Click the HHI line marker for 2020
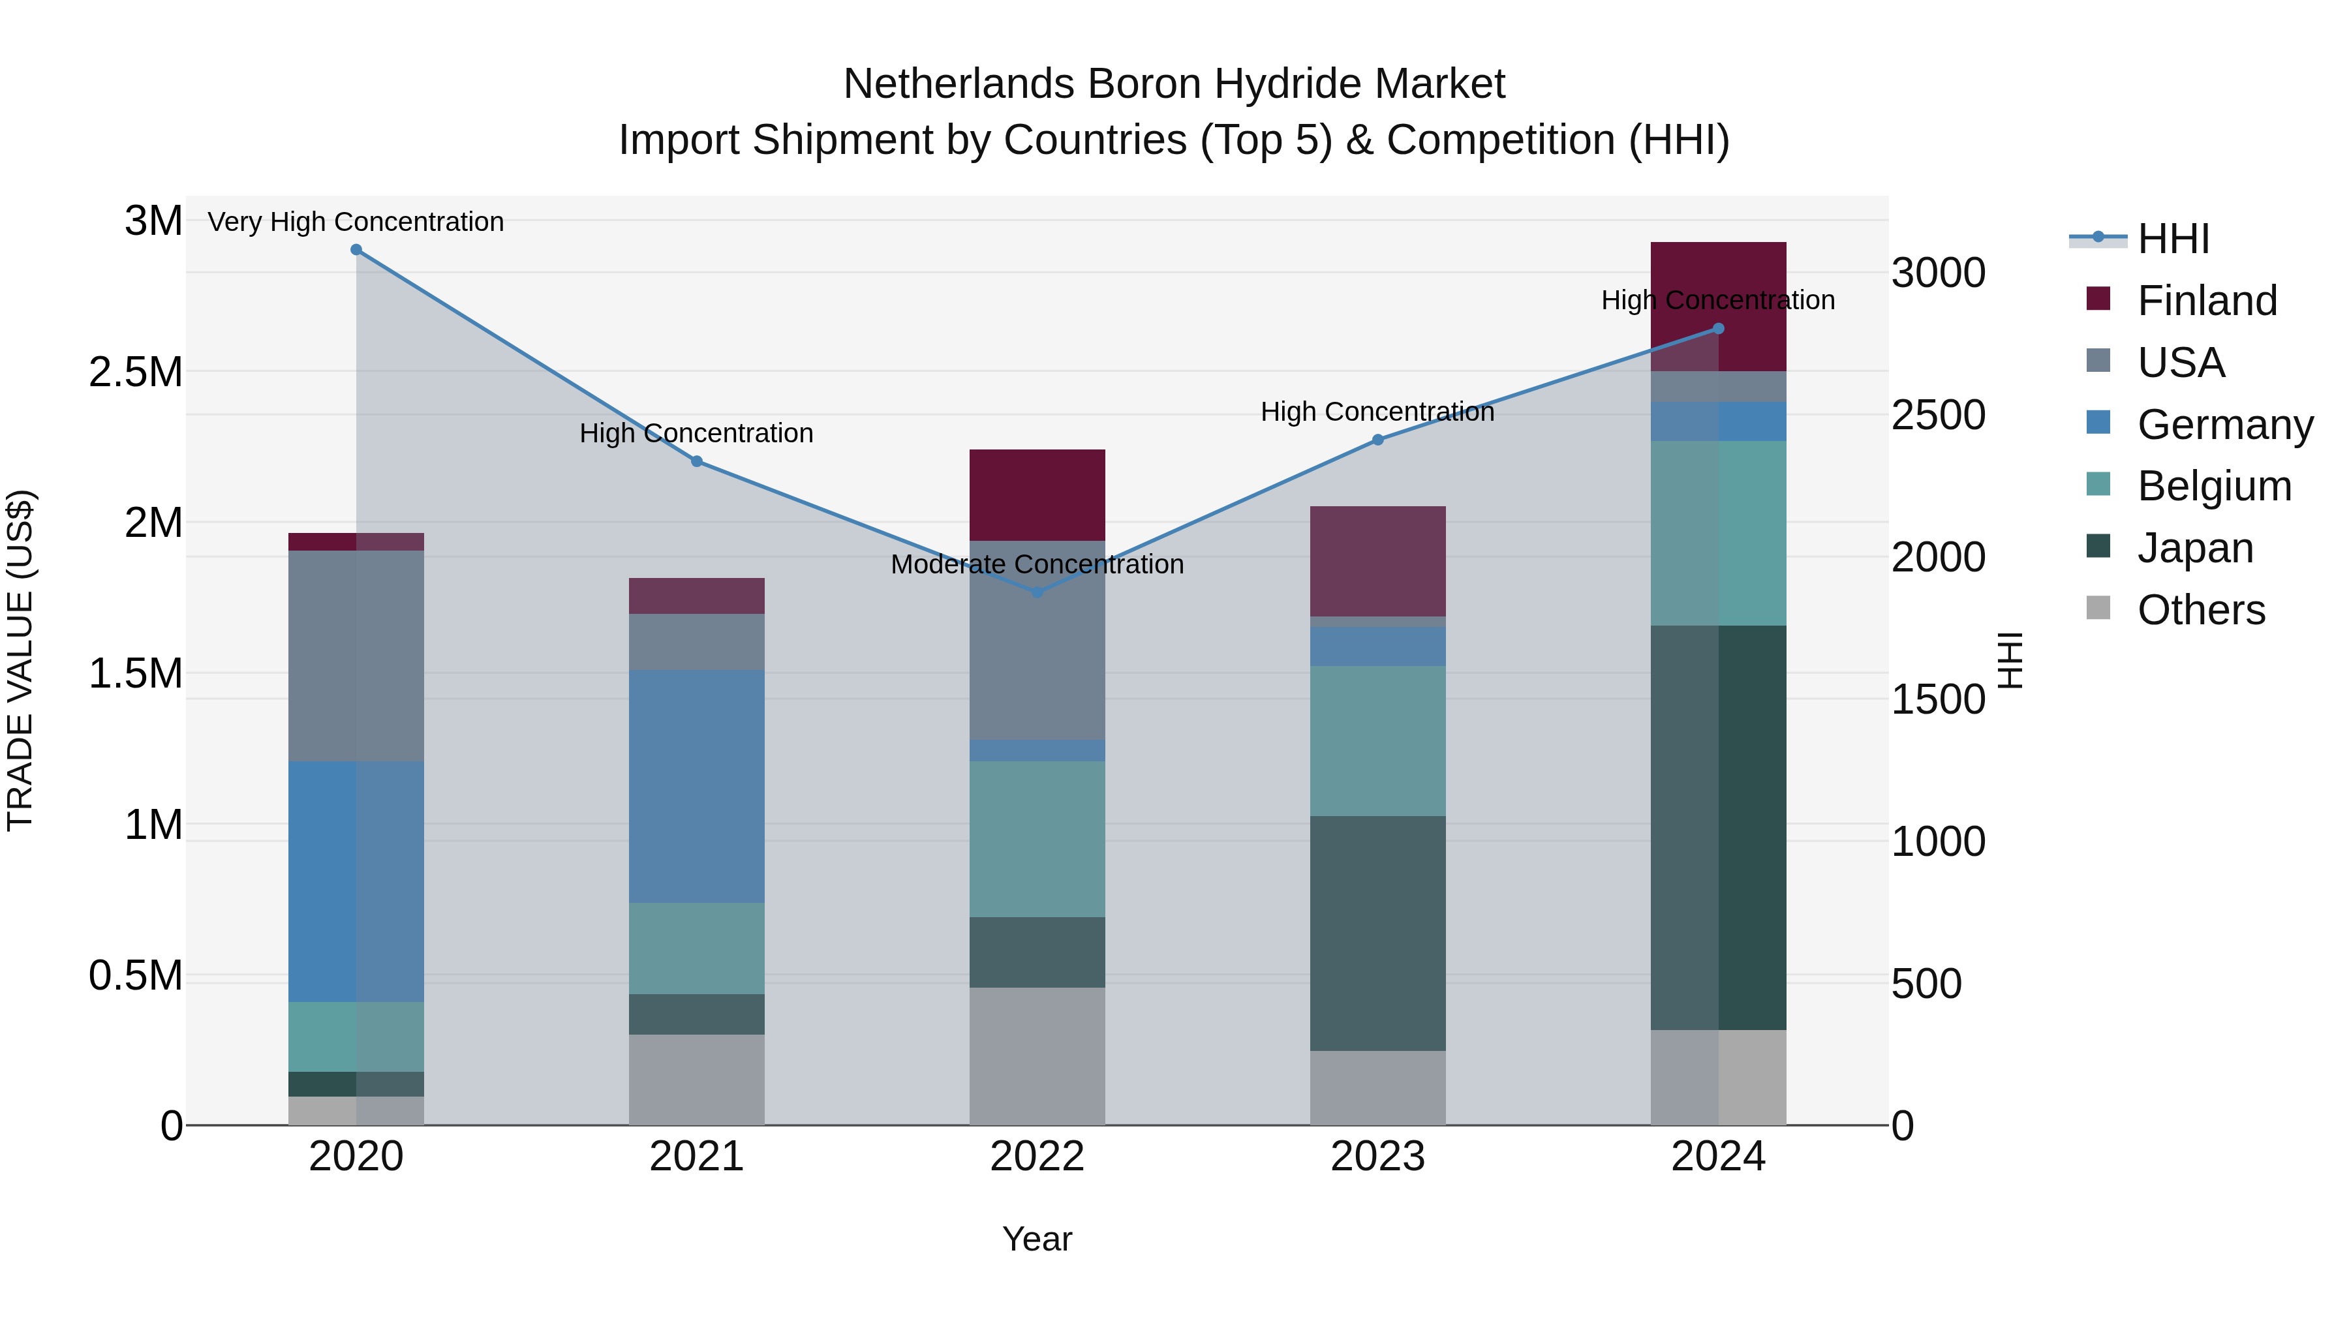pyautogui.click(x=356, y=250)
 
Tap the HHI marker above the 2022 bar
pyautogui.click(x=1037, y=592)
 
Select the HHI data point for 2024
pyautogui.click(x=1718, y=329)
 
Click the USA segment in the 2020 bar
pyautogui.click(x=356, y=656)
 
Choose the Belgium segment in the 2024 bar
pyautogui.click(x=1718, y=534)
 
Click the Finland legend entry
pyautogui.click(x=2207, y=301)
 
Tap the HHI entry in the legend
pyautogui.click(x=2172, y=239)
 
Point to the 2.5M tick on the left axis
pyautogui.click(x=135, y=372)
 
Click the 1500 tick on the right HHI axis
pyautogui.click(x=1938, y=699)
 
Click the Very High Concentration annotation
pyautogui.click(x=356, y=222)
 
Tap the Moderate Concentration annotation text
pyautogui.click(x=1037, y=564)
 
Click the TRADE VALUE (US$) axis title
pyautogui.click(x=20, y=660)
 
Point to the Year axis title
pyautogui.click(x=1037, y=1239)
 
